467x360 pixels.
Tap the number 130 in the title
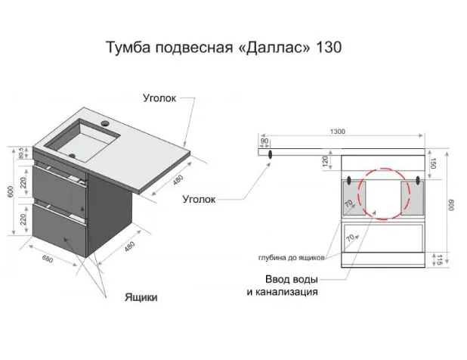pos(329,47)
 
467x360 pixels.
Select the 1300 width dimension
pos(338,132)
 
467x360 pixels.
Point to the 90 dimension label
pos(264,141)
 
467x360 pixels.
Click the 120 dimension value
pos(325,161)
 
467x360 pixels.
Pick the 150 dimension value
pos(433,163)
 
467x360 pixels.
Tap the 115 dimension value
pos(439,259)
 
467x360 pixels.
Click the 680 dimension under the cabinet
pos(48,259)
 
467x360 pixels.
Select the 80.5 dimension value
pos(21,152)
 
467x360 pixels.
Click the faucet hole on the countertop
pos(105,123)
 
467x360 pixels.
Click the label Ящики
pos(141,297)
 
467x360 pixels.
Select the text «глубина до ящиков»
pos(291,258)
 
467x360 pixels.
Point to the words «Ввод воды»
pos(292,280)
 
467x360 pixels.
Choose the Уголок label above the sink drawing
pos(159,98)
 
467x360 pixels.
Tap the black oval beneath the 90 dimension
pos(271,154)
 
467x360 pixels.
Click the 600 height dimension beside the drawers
pos(11,191)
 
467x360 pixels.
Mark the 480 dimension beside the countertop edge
pos(178,180)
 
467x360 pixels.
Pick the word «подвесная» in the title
pos(194,48)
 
